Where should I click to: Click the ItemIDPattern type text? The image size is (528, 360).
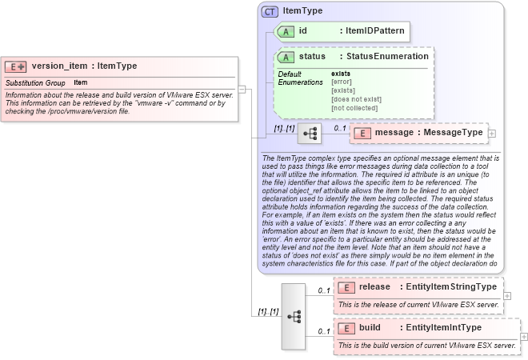point(374,31)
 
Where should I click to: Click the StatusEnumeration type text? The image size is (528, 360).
point(387,57)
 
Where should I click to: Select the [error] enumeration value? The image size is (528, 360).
point(342,82)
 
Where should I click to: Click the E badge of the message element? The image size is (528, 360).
point(362,132)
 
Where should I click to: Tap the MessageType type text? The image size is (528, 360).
point(452,132)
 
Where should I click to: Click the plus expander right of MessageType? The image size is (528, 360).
point(492,133)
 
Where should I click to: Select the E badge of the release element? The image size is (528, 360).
point(346,287)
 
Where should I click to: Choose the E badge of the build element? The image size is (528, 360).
point(346,328)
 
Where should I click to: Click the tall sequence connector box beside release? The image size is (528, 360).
point(294,315)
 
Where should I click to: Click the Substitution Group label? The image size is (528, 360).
point(35,82)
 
